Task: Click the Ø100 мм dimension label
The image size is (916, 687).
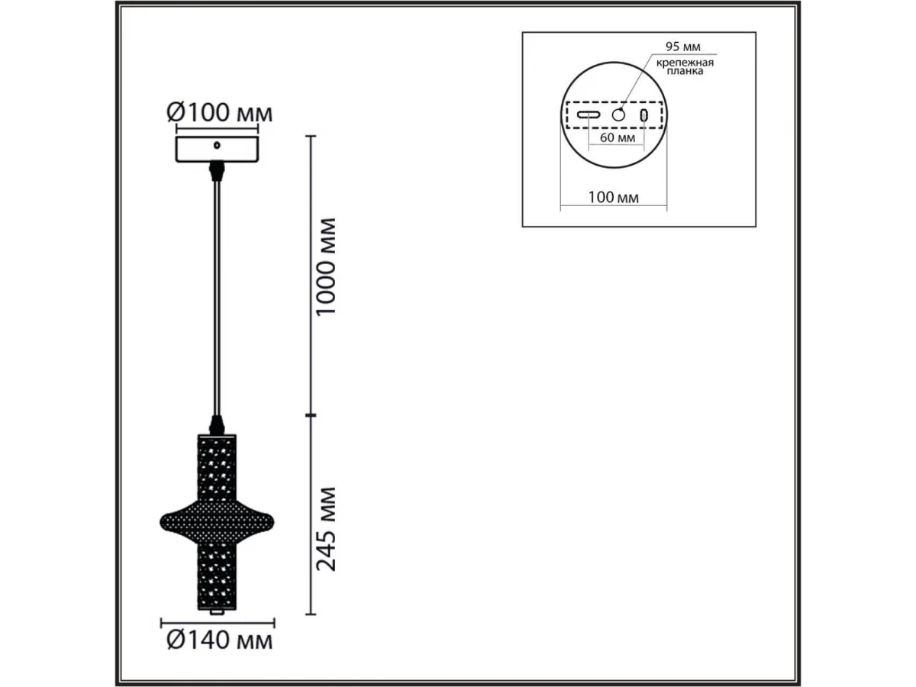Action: (x=220, y=113)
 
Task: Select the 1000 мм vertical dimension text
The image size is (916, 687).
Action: (x=326, y=267)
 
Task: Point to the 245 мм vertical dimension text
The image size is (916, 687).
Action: (x=326, y=529)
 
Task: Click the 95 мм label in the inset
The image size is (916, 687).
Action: (x=682, y=47)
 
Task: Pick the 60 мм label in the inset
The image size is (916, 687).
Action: (x=618, y=137)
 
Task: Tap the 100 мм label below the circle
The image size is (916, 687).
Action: (x=613, y=197)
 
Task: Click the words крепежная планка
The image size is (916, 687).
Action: (x=685, y=67)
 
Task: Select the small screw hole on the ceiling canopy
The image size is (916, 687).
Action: (x=217, y=146)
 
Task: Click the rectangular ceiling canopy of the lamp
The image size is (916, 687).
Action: (x=217, y=150)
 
